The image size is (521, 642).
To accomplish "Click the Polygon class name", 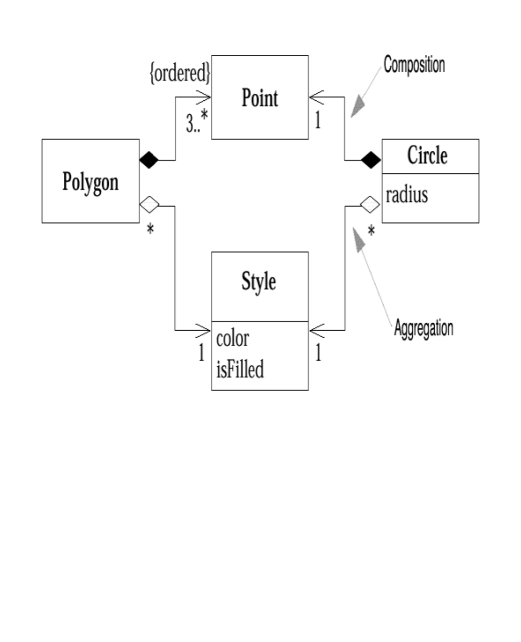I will click(90, 182).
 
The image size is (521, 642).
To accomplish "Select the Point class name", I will click(260, 98).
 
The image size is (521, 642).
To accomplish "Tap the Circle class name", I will click(427, 155).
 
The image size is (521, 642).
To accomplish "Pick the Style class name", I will click(259, 281).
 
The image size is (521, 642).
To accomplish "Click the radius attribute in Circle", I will click(407, 195).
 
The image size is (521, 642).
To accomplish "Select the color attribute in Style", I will click(232, 339).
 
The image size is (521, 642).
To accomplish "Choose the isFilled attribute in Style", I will click(240, 369).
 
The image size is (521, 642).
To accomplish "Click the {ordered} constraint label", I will click(180, 73).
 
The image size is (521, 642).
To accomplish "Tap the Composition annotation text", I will click(414, 65).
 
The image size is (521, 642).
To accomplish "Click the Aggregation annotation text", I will click(423, 328).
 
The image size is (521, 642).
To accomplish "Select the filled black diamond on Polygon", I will click(149, 160).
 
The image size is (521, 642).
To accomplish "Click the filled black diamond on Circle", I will click(371, 160).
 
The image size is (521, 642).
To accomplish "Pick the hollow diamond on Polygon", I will click(149, 205).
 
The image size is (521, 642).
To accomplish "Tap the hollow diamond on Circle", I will click(370, 205).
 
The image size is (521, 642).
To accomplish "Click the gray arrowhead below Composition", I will click(359, 106).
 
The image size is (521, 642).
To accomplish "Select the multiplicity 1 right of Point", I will click(318, 120).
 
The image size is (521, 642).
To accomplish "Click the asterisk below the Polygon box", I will click(150, 229).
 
